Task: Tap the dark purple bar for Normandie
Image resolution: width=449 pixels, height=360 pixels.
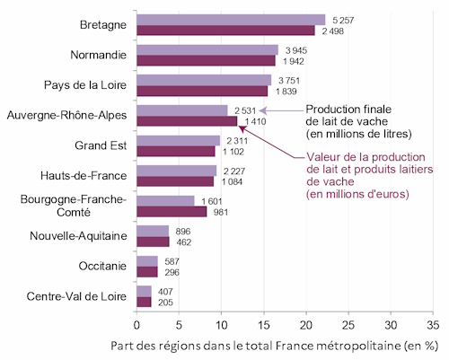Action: click(x=206, y=60)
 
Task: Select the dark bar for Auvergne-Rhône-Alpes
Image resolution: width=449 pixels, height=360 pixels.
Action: click(x=187, y=121)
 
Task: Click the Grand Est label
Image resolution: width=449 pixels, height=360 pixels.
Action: click(x=101, y=145)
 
